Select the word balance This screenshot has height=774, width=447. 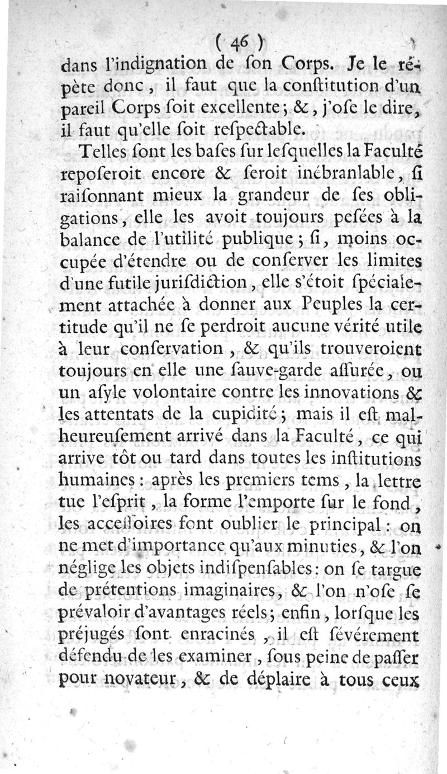pyautogui.click(x=91, y=240)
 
